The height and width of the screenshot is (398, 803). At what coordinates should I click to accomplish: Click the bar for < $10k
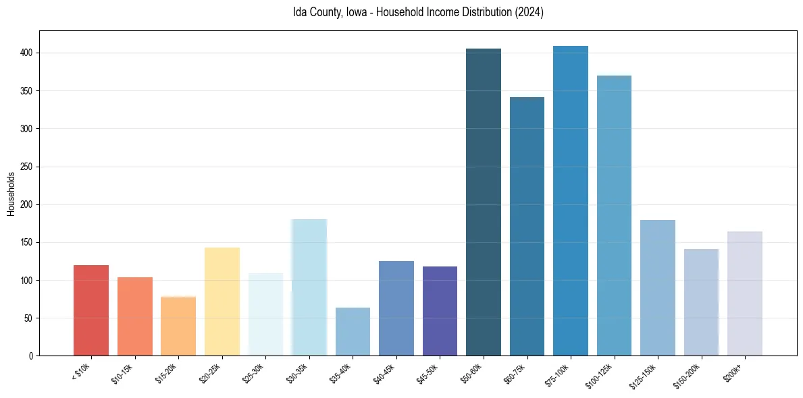(x=91, y=310)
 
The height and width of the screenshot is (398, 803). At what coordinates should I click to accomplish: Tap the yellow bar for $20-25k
(x=222, y=302)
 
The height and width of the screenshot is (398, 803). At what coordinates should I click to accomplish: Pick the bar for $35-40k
(x=353, y=331)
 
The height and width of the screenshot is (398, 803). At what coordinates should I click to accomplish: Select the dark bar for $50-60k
(x=484, y=202)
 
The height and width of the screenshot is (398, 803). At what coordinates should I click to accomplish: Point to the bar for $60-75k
(x=527, y=226)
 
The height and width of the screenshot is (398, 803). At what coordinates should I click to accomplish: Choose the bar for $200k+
(x=745, y=293)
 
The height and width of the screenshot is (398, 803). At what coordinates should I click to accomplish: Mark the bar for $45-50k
(x=440, y=311)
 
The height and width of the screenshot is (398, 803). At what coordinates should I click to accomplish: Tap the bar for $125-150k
(x=658, y=288)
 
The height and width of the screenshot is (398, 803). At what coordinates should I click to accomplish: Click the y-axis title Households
(x=11, y=194)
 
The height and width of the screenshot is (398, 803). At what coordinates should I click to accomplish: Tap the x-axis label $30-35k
(x=298, y=374)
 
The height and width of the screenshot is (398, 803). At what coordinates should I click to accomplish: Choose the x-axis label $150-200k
(x=688, y=376)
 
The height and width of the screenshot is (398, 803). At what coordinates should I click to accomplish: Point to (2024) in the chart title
(x=529, y=12)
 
